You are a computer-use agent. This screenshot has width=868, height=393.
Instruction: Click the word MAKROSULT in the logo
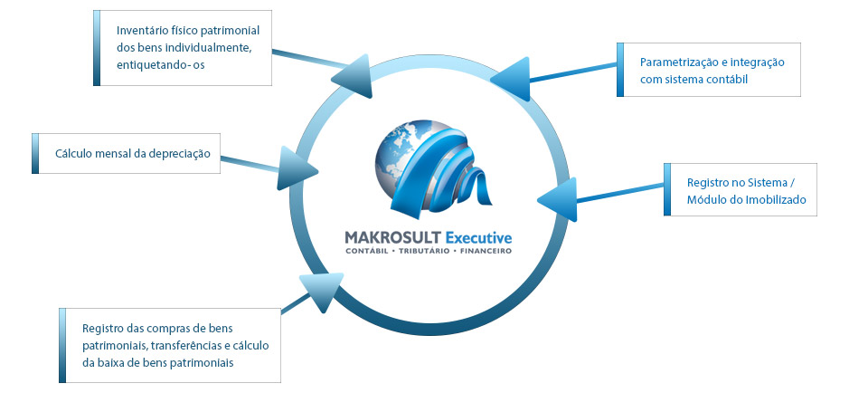pyautogui.click(x=392, y=237)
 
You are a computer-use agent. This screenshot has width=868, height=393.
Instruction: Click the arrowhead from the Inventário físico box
pyautogui.click(x=356, y=80)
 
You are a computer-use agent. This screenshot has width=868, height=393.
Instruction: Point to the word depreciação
pyautogui.click(x=175, y=153)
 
